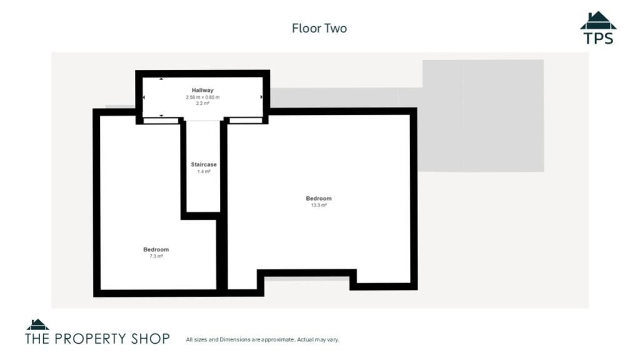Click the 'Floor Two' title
pyautogui.click(x=319, y=28)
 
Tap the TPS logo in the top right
pyautogui.click(x=598, y=28)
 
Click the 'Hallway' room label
pyautogui.click(x=202, y=91)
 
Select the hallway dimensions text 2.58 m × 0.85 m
pyautogui.click(x=202, y=97)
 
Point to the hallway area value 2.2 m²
pyautogui.click(x=202, y=104)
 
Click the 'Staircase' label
pyautogui.click(x=204, y=164)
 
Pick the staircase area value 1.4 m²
pyautogui.click(x=204, y=171)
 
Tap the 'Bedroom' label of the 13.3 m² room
pyautogui.click(x=319, y=199)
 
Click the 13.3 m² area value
pyautogui.click(x=319, y=205)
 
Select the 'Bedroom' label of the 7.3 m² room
pyautogui.click(x=156, y=250)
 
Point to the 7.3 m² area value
pyautogui.click(x=156, y=256)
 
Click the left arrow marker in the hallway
pyautogui.click(x=144, y=97)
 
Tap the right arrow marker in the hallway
pyautogui.click(x=261, y=97)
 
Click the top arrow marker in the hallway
pyautogui.click(x=161, y=79)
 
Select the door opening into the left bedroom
pyautogui.click(x=161, y=121)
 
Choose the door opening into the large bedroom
pyautogui.click(x=245, y=121)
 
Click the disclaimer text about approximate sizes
pyautogui.click(x=262, y=340)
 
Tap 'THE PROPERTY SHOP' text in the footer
pyautogui.click(x=97, y=339)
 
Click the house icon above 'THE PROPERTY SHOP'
pyautogui.click(x=37, y=324)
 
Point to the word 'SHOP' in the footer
pyautogui.click(x=148, y=339)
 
